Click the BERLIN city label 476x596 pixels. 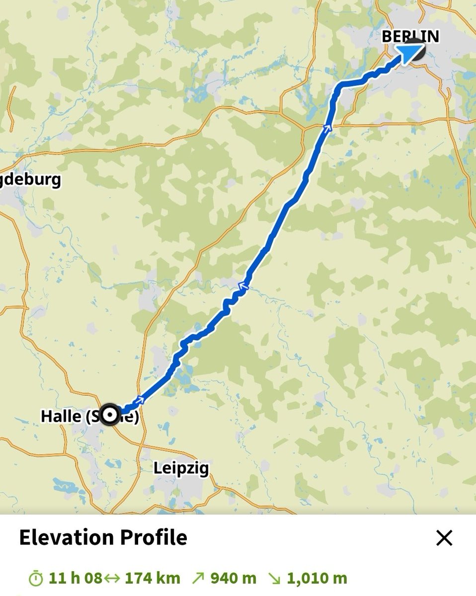coord(410,36)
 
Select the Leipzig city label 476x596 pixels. coord(181,468)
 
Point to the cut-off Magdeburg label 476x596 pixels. coord(31,179)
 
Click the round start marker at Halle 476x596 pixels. coord(109,415)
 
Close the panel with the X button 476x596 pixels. coord(444,538)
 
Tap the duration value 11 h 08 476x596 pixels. coord(75,579)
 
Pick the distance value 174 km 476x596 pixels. coord(152,579)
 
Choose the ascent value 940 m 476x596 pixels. coord(233,579)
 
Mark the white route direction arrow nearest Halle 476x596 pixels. coord(141,399)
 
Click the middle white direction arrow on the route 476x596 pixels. coord(243,286)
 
